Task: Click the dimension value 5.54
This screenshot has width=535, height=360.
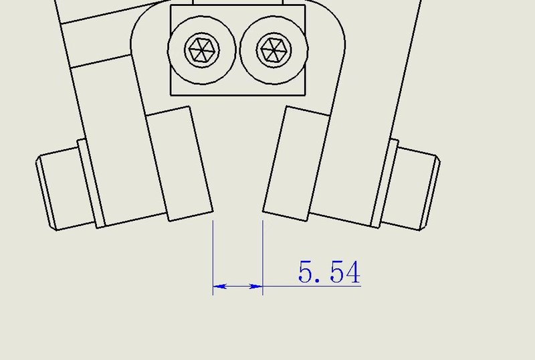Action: coord(329,272)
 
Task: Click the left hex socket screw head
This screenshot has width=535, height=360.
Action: coord(202,50)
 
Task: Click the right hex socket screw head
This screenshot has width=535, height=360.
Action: coord(274,50)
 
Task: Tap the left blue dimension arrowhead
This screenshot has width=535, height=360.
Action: coord(220,286)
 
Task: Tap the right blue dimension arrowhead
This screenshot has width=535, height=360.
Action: coord(256,286)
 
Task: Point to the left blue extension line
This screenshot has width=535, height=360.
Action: coord(213,258)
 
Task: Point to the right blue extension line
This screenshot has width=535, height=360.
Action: coord(263,258)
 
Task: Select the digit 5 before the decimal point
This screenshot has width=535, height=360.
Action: coord(305,272)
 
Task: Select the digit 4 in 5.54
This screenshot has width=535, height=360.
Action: coord(353,272)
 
